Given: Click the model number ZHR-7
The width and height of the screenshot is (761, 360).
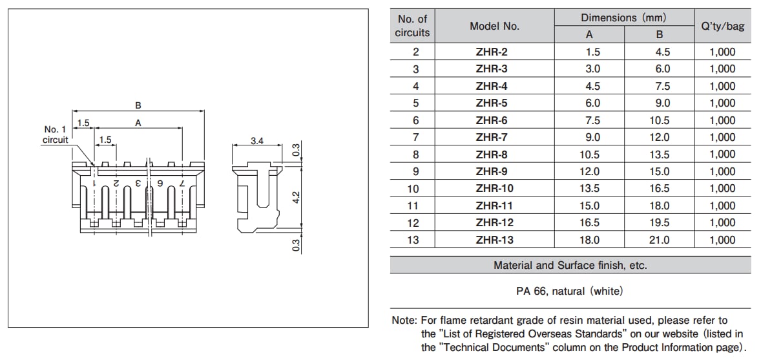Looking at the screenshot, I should tap(491, 137).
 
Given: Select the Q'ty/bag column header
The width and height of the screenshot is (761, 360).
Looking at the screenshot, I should tap(722, 26).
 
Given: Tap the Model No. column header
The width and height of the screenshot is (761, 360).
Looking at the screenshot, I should tap(494, 26).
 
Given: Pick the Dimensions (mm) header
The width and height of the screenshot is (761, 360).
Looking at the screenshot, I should tap(623, 18).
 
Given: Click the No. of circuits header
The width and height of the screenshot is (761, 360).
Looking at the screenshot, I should tap(412, 26).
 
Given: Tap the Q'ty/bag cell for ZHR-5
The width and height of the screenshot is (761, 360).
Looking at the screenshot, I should tap(722, 103).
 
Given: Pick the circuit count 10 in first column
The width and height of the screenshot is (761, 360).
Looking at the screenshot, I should tap(413, 189).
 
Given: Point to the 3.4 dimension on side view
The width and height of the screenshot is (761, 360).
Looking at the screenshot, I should tap(256, 140).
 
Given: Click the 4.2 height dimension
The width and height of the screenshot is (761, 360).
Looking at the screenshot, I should tap(297, 196).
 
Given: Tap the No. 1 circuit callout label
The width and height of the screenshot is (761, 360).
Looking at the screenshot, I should tap(55, 134).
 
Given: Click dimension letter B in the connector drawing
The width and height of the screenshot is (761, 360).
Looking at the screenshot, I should tap(138, 105).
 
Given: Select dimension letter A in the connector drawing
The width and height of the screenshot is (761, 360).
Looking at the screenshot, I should tap(138, 123).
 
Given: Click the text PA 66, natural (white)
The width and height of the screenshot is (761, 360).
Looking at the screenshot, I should tap(570, 291).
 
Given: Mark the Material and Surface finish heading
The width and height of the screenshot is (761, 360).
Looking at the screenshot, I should tap(570, 266).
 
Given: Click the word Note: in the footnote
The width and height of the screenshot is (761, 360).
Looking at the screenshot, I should tap(404, 321).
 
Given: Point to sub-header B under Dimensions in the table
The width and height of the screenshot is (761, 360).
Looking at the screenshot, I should tap(659, 35).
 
